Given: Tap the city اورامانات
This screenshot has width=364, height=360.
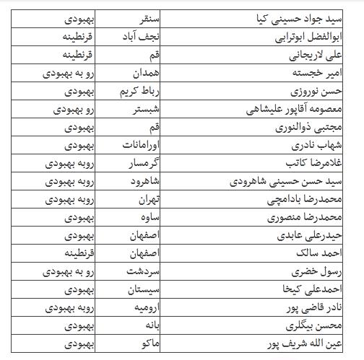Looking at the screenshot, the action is click(142, 146).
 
